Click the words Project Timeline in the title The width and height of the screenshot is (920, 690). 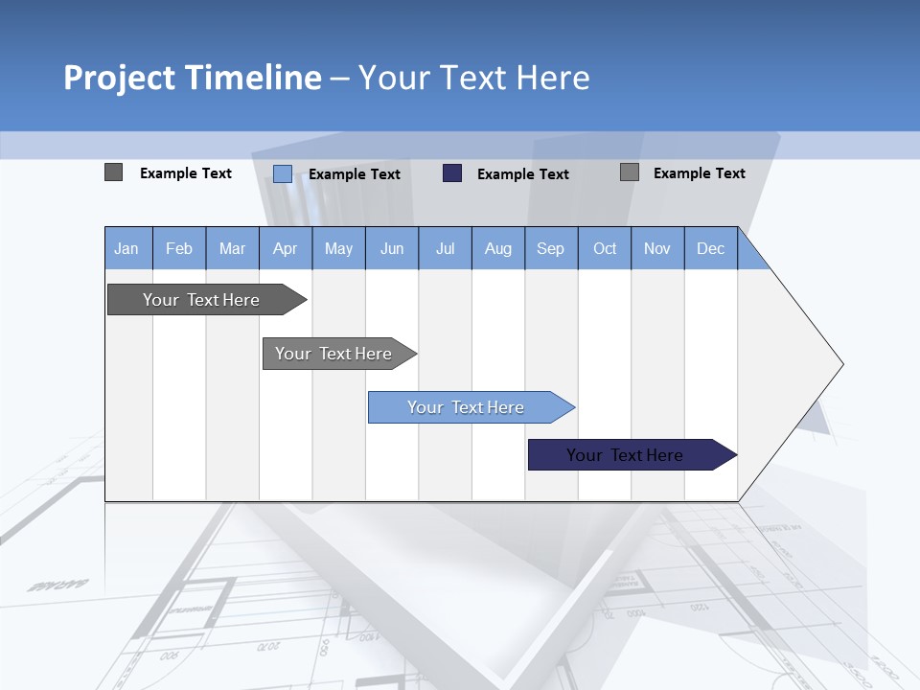coord(192,78)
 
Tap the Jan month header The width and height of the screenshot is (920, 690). coord(126,248)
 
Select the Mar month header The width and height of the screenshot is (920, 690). coord(232,248)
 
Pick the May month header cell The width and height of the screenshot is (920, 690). coord(338,248)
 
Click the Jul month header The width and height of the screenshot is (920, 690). coord(445,248)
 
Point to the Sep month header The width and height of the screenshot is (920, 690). coord(550,248)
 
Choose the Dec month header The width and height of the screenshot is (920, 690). coord(710,248)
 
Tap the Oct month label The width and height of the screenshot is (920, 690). coord(605,248)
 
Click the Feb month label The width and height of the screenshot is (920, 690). coord(179,248)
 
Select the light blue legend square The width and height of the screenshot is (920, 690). coord(283,173)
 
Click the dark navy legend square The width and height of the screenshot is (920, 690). coord(452,172)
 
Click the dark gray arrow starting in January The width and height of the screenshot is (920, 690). coord(201,300)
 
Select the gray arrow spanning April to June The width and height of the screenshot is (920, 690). coord(333,354)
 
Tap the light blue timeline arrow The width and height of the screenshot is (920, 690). coord(466,407)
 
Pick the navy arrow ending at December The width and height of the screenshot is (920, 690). coord(625,455)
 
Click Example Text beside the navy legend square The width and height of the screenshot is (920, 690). coord(523,173)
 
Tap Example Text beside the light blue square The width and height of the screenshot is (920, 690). coord(355,173)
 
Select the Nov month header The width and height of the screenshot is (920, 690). coord(657,248)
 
